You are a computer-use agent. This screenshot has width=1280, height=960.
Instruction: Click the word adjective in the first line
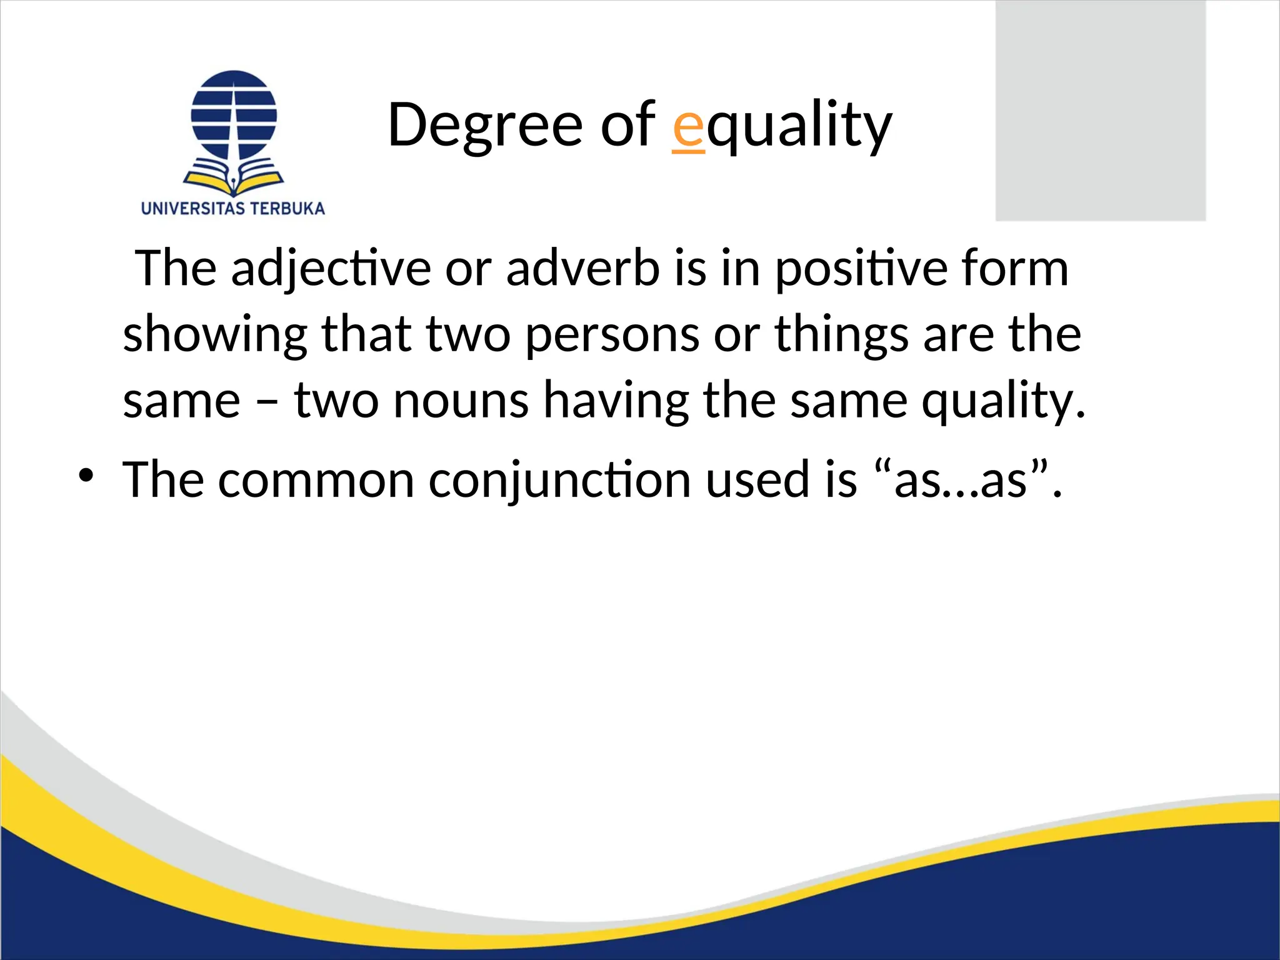(x=331, y=269)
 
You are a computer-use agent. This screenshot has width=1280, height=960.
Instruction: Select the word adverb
(x=582, y=269)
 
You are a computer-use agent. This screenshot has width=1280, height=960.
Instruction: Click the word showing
(x=215, y=335)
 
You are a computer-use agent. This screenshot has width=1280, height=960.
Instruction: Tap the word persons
(x=611, y=335)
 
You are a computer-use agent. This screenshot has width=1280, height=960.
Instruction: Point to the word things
(x=841, y=335)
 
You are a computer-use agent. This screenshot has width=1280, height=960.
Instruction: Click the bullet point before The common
(x=86, y=476)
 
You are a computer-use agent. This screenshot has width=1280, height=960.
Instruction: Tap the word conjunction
(x=559, y=480)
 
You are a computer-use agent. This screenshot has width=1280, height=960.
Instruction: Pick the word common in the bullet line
(x=316, y=480)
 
